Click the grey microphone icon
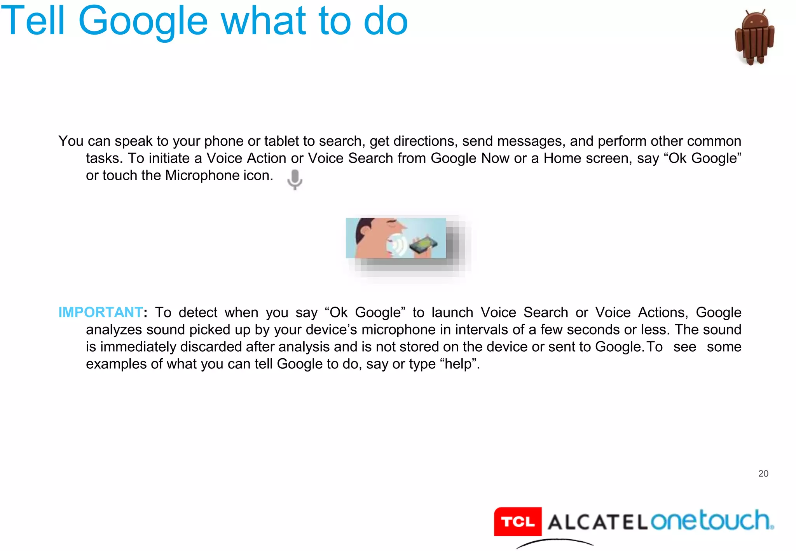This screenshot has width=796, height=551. (x=295, y=179)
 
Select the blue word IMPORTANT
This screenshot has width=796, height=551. (x=100, y=312)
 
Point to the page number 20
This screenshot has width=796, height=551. (x=763, y=473)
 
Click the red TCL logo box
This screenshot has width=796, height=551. (x=518, y=521)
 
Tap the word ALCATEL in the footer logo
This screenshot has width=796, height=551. (x=597, y=522)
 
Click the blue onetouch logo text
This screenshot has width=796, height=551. (x=711, y=520)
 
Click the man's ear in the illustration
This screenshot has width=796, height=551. (x=365, y=229)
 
